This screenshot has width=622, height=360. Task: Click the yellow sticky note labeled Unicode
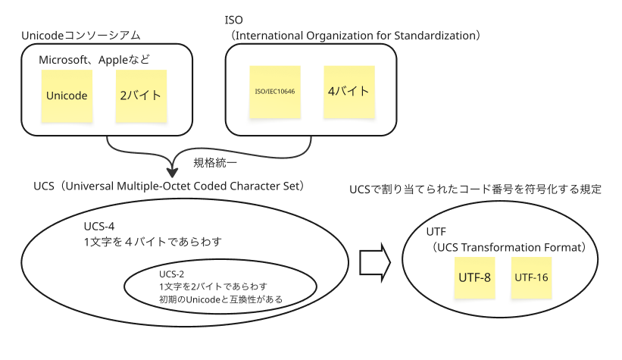click(67, 95)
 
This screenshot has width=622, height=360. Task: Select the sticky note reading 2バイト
click(141, 95)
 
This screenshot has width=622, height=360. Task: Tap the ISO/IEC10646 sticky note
click(274, 92)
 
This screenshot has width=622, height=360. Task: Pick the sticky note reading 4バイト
click(349, 91)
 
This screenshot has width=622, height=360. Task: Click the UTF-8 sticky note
click(475, 277)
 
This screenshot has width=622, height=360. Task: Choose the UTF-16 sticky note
click(531, 277)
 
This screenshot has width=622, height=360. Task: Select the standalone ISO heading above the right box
click(234, 19)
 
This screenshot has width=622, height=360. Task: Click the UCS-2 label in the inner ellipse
click(173, 273)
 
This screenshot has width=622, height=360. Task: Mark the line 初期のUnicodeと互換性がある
click(220, 299)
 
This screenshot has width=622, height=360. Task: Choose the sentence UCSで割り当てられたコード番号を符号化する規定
click(475, 189)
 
